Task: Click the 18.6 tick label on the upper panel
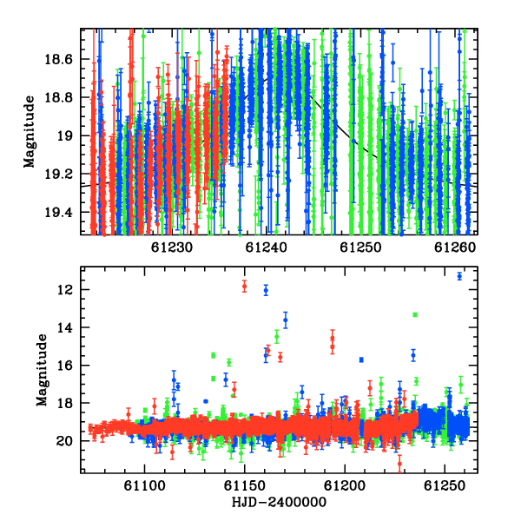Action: pos(58,59)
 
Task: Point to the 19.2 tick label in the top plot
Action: pos(58,174)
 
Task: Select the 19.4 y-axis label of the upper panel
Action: pos(58,212)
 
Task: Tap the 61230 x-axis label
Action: pos(172,247)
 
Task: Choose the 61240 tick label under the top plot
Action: pos(267,247)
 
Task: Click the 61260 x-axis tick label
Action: pos(455,247)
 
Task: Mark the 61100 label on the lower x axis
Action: pos(144,486)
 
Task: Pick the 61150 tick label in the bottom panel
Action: pos(245,486)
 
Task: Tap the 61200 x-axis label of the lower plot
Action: pos(345,486)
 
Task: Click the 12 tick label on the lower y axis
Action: pos(64,290)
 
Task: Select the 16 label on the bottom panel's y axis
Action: pos(64,366)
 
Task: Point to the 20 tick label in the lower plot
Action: pos(64,441)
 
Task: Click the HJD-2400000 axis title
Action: pos(279,502)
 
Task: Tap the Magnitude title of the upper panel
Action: pos(30,132)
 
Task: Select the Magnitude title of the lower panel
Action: pos(42,370)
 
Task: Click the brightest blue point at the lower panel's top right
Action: pos(459,276)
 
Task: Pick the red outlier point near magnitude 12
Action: pos(245,286)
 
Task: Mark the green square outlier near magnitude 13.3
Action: pos(415,314)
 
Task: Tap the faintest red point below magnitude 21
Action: pos(399,464)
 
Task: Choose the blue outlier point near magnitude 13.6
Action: pos(286,320)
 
